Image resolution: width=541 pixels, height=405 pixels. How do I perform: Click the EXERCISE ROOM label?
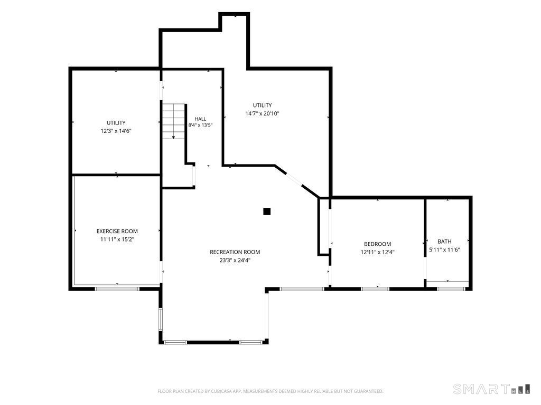point(117,232)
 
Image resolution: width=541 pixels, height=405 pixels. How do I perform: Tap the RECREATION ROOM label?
point(235,252)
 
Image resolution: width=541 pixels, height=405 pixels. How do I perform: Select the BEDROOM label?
point(377,244)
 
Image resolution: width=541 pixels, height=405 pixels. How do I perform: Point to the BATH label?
point(444,242)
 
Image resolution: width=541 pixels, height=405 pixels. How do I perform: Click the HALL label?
point(200,119)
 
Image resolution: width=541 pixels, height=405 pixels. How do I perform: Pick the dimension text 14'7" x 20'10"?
point(262,113)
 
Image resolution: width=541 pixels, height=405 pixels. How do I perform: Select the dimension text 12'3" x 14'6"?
point(116,131)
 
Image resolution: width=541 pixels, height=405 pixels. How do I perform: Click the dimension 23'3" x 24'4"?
point(235,261)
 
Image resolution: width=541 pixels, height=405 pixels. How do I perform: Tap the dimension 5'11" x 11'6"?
point(444,249)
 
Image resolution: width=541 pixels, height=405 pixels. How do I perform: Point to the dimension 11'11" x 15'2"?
point(117,239)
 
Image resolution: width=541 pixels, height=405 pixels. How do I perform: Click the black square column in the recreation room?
point(267,211)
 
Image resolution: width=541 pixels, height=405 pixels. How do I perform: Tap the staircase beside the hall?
point(174,121)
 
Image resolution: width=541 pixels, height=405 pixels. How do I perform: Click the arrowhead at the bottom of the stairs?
point(173,138)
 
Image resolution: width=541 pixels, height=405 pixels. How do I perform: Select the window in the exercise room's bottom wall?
point(117,288)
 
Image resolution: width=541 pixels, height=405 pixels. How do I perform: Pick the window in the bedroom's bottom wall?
point(375,288)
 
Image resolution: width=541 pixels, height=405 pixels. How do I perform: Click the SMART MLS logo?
point(492,389)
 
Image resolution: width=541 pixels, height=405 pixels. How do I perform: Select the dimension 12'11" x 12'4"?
point(377,252)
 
